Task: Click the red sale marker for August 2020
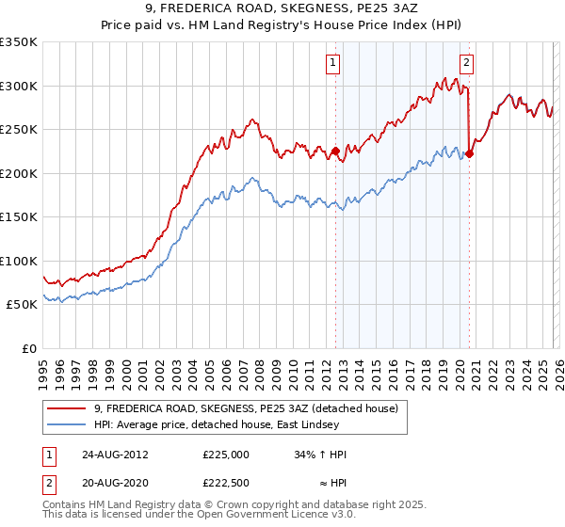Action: (x=468, y=153)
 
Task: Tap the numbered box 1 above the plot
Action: (x=334, y=64)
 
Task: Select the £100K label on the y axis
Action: (x=19, y=261)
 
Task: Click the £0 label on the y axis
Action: (x=28, y=348)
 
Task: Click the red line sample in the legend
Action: (x=67, y=408)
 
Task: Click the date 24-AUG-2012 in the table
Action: (x=115, y=454)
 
